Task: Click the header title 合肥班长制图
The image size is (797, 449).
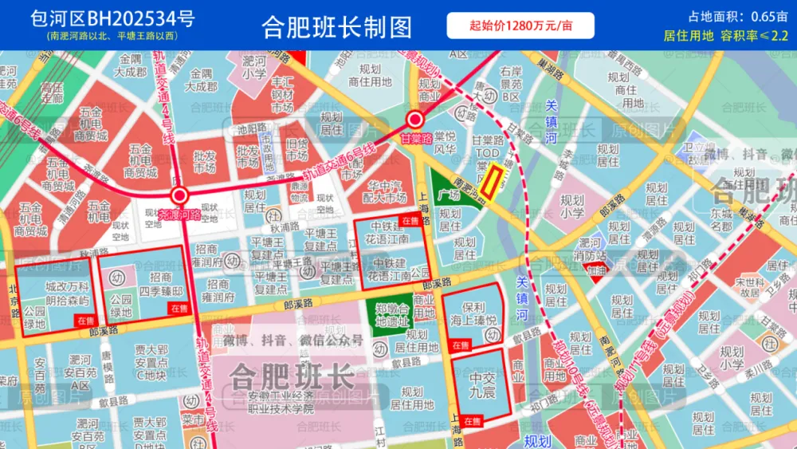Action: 337,26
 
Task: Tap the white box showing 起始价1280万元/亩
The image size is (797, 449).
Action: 520,26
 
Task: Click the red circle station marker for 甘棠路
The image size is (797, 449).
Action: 414,120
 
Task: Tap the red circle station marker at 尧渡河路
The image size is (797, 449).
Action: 179,196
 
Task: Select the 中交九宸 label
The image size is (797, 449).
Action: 482,385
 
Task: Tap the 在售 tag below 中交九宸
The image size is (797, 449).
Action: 472,419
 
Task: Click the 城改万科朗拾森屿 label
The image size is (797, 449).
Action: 68,293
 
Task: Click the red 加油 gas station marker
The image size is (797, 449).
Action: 596,271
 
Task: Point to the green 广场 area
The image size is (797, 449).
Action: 450,191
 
